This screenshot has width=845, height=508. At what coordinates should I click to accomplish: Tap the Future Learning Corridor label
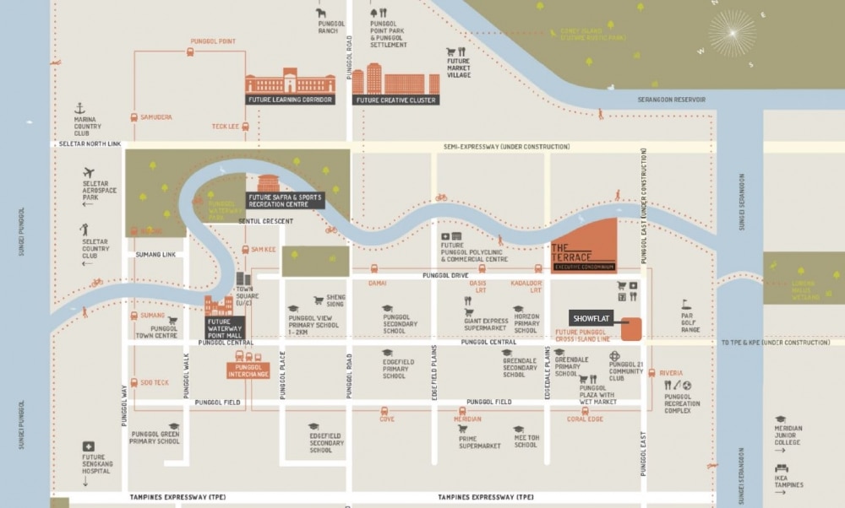291,100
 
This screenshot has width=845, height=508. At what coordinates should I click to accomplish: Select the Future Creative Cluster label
395,100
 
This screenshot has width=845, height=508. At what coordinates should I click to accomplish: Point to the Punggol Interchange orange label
248,370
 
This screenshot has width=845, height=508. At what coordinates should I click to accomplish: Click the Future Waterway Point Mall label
224,327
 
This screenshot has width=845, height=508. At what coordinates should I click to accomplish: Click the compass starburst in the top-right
732,34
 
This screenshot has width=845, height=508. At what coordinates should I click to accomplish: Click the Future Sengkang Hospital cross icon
87,446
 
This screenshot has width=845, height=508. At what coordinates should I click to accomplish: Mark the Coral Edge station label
585,419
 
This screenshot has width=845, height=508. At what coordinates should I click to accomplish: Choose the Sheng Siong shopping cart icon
319,300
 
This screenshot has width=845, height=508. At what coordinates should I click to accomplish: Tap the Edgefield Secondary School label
326,443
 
